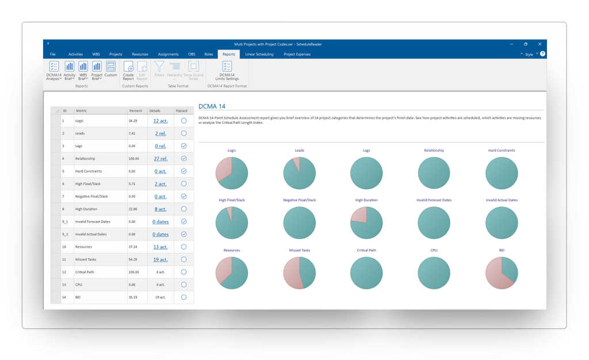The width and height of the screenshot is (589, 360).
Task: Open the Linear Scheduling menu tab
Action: [259, 54]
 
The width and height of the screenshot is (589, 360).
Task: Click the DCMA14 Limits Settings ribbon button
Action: [227, 71]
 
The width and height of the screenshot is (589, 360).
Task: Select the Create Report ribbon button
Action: [128, 71]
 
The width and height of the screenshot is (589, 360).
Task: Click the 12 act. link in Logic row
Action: [160, 121]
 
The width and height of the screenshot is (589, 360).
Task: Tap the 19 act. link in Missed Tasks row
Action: [160, 259]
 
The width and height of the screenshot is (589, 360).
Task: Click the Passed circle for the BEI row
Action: [183, 297]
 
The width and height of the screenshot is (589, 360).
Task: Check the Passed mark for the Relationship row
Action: [183, 159]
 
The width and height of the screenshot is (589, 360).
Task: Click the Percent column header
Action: [136, 110]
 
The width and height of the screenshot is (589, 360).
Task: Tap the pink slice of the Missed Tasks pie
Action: [292, 273]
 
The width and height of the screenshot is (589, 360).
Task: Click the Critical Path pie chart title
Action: [366, 250]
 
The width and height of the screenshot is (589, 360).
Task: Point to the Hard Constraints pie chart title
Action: [502, 150]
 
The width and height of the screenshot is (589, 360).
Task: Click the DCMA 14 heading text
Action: [212, 106]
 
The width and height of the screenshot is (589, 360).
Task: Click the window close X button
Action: [540, 44]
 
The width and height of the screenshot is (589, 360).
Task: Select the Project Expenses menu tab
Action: [297, 54]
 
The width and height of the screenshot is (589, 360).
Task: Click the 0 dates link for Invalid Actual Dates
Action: [160, 234]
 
